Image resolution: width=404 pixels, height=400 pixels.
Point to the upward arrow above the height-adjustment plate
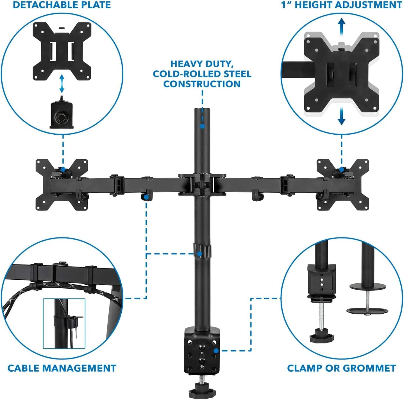click(341, 27)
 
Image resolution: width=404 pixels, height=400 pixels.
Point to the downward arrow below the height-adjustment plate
click(341, 117)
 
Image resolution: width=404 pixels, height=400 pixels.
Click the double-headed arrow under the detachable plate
click(62, 83)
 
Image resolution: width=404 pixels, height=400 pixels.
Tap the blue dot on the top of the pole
click(202, 127)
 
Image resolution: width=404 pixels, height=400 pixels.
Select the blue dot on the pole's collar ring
click(199, 254)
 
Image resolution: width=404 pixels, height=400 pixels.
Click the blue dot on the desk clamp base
click(216, 350)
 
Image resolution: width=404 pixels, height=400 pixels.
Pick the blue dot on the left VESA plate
click(63, 169)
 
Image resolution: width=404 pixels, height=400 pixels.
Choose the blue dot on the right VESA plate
click(341, 169)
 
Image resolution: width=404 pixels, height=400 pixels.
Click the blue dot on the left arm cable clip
click(146, 197)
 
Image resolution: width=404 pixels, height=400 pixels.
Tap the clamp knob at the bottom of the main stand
click(202, 392)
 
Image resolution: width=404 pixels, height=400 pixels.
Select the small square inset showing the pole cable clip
click(64, 323)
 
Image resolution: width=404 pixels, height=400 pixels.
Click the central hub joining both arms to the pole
click(202, 185)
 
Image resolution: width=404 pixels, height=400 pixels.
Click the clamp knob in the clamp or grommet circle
click(322, 336)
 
